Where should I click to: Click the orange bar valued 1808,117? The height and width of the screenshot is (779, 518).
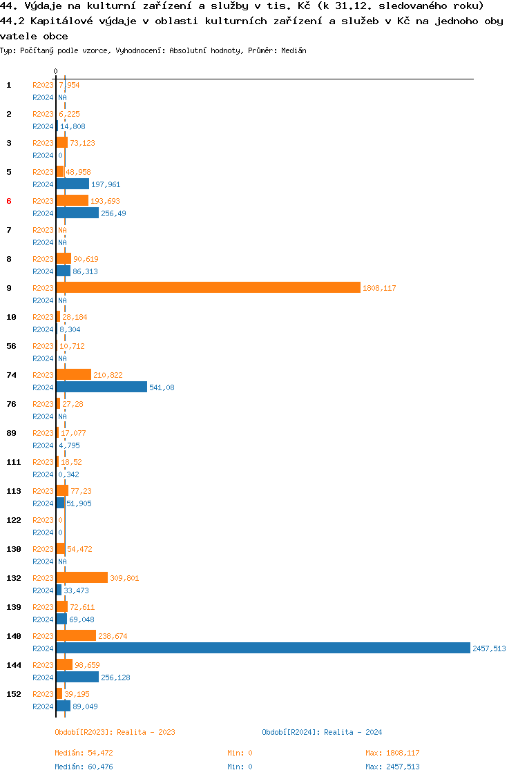point(208,287)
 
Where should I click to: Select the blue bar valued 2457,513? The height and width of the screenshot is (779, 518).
point(263,648)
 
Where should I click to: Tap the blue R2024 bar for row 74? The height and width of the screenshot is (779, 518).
point(102,387)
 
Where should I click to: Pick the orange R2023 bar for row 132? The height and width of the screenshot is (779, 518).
point(82,577)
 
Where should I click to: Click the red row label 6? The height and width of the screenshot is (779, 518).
point(9,201)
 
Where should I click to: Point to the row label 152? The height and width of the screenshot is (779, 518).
point(13,694)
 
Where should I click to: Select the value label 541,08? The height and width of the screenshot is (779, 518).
point(162,388)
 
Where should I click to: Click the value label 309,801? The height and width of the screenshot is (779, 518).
point(124,578)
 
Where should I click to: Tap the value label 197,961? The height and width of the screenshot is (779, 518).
point(106,184)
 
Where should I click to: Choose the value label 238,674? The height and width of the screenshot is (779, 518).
point(113,636)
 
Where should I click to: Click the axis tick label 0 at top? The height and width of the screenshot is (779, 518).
point(56,71)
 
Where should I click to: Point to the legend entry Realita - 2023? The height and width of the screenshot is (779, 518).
point(115,732)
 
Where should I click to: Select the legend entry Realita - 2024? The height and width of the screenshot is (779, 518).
point(322,732)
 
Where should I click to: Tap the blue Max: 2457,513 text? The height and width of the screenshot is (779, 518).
point(392,767)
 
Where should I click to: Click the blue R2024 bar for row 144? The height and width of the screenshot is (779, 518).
point(77,677)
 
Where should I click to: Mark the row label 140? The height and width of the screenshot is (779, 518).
point(13,636)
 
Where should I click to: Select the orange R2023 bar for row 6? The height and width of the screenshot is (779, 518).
point(73,200)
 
